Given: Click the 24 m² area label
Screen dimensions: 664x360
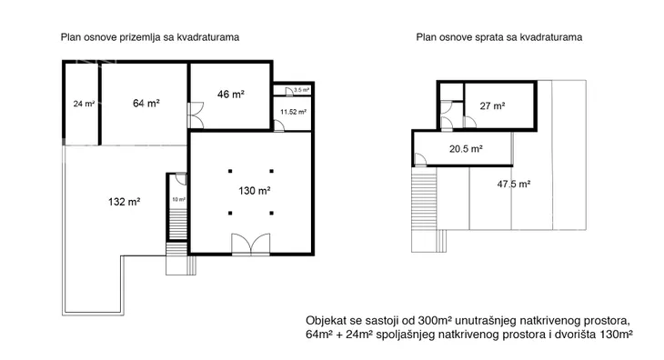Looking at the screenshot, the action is (x=84, y=104).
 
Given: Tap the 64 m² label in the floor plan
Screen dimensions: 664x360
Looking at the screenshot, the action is (x=146, y=103).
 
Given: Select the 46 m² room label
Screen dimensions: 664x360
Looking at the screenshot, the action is (x=231, y=94).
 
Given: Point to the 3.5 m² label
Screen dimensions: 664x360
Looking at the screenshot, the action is (x=301, y=90).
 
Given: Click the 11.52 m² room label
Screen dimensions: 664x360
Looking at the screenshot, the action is (x=293, y=112).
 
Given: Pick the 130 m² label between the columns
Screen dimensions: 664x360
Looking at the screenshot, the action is (x=255, y=191).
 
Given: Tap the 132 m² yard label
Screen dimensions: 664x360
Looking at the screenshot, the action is (x=124, y=202).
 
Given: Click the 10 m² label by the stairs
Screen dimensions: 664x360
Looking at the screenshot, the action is (x=178, y=199).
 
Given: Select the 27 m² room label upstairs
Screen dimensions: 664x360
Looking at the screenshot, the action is (x=492, y=105).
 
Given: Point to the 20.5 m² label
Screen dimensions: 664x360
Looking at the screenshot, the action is (x=466, y=149).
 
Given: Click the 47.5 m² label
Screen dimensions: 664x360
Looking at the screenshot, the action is (x=514, y=184).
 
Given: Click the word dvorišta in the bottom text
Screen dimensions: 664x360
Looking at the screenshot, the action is (x=580, y=335).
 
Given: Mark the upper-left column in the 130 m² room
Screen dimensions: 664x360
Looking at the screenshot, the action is (x=230, y=171).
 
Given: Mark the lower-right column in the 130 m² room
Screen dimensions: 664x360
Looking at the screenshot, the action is (x=271, y=214).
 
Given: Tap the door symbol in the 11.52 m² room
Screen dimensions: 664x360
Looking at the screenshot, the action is (x=279, y=125).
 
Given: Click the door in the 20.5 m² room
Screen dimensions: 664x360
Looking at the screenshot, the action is (x=420, y=159).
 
